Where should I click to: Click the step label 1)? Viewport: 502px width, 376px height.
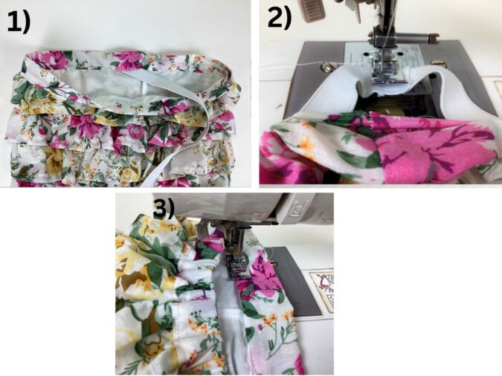pyautogui.click(x=19, y=22)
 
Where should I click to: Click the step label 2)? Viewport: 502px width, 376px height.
pyautogui.click(x=280, y=19)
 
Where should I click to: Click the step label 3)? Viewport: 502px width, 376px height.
pyautogui.click(x=164, y=208)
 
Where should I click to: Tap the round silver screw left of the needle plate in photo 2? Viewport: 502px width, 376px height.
pyautogui.click(x=326, y=67)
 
